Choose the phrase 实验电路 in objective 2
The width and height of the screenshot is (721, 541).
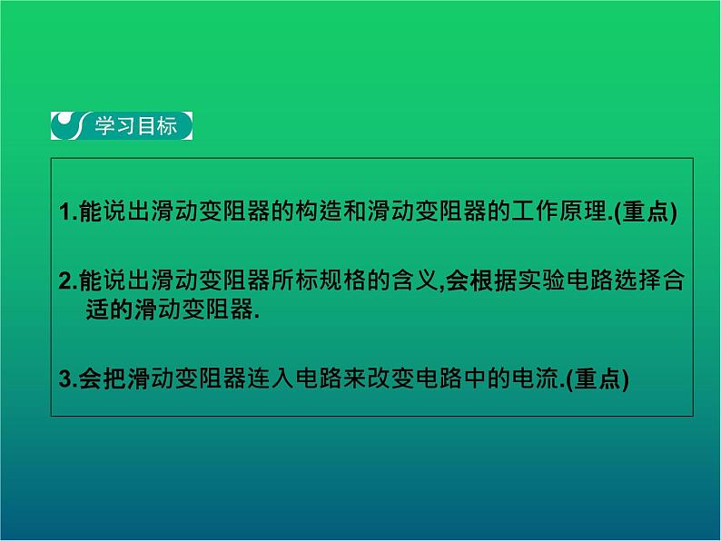coord(564,282)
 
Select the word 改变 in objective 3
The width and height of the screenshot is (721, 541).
coord(410,380)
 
